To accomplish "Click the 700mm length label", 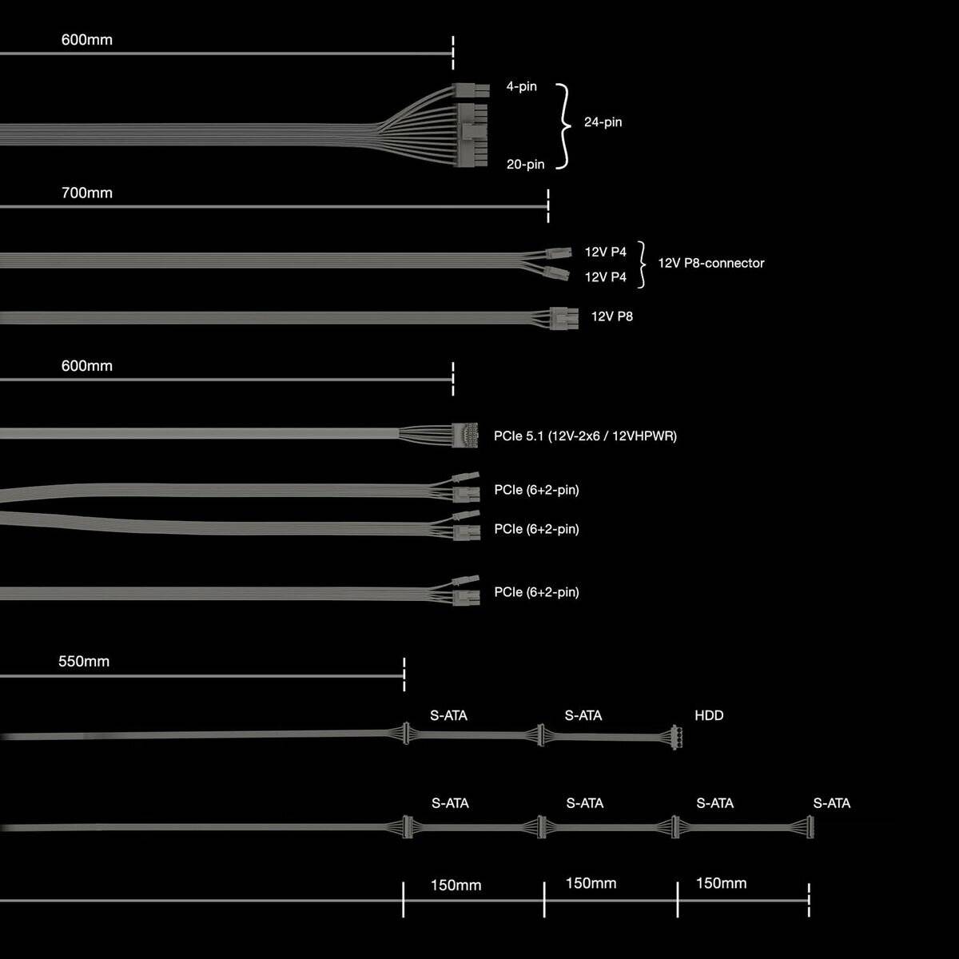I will [86, 193].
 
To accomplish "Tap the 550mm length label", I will [83, 662].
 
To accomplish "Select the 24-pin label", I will [603, 122].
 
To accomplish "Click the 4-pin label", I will [521, 86].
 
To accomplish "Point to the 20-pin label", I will [525, 164].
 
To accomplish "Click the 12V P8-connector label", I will [710, 263].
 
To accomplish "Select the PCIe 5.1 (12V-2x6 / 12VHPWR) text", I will [585, 436].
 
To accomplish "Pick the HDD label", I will [709, 715].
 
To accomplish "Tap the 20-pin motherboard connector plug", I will [472, 135].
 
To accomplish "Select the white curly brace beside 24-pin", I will [564, 125].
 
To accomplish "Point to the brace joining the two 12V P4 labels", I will [641, 264].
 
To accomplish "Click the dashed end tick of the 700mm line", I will [548, 206].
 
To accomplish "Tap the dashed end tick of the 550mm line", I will [404, 675].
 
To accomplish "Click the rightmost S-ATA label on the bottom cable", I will [831, 803].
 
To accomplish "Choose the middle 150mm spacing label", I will [591, 883].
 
